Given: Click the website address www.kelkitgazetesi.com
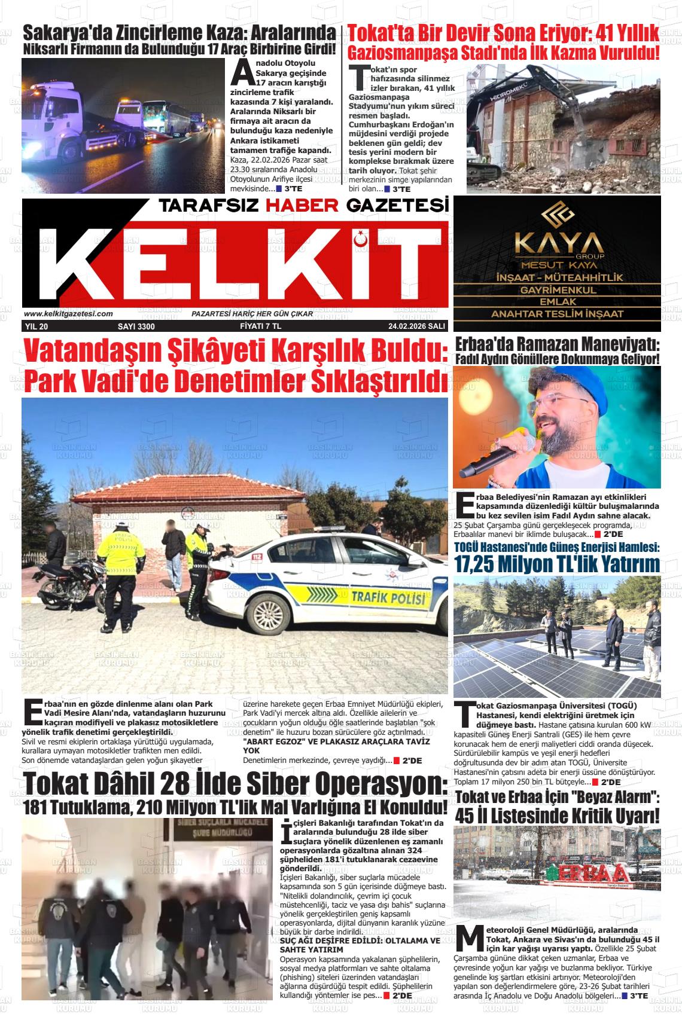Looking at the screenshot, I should tap(68, 314).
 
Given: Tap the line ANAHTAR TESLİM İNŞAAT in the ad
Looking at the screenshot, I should tap(557, 314).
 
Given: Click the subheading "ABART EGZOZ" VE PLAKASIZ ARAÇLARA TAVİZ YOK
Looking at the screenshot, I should tap(336, 745).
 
